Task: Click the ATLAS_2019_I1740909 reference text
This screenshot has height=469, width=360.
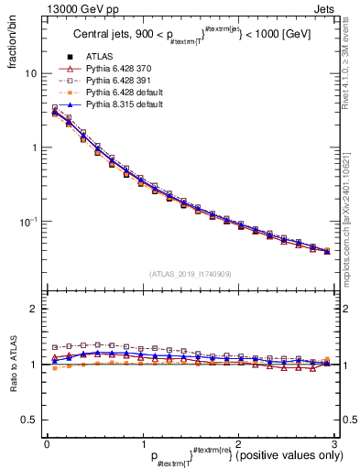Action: (190, 274)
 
